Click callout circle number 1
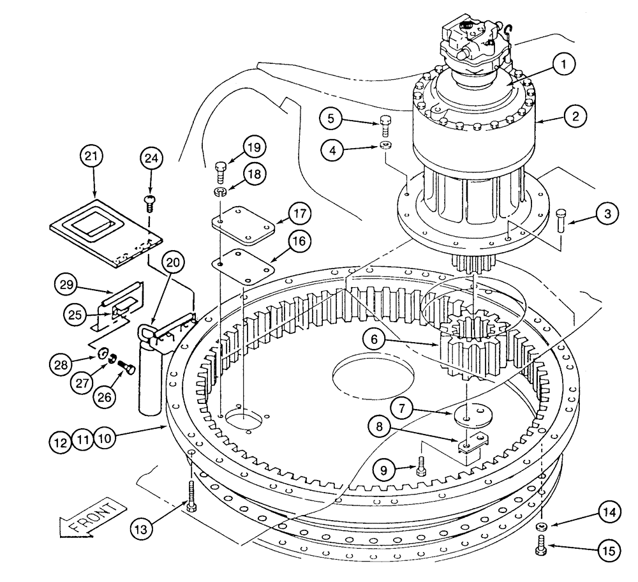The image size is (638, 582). point(564,64)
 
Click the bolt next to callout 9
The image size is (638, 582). point(421,467)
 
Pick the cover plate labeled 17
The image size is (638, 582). point(244,225)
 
